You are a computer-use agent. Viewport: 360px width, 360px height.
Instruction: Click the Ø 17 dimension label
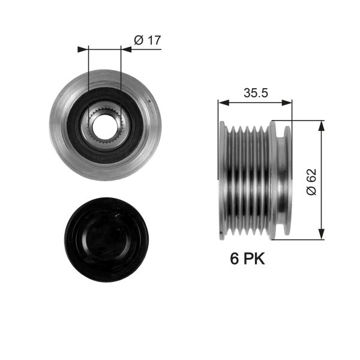(148, 40)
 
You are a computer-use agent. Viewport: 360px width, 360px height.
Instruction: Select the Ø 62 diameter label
(310, 181)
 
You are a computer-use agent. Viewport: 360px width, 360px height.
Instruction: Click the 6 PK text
(247, 259)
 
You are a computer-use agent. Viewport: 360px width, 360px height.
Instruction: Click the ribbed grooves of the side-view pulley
(246, 180)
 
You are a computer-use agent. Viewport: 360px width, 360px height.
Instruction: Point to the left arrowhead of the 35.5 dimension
(221, 103)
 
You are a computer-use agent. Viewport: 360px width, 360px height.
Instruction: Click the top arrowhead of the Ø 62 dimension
(322, 124)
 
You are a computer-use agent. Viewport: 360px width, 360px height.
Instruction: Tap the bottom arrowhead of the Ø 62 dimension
(322, 236)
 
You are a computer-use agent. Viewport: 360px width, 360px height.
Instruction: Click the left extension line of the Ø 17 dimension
(88, 72)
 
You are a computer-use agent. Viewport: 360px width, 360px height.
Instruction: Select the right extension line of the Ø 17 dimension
(121, 72)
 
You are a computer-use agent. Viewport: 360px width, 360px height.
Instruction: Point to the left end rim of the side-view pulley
(222, 180)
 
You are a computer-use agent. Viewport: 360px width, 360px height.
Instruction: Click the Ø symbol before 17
(138, 40)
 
